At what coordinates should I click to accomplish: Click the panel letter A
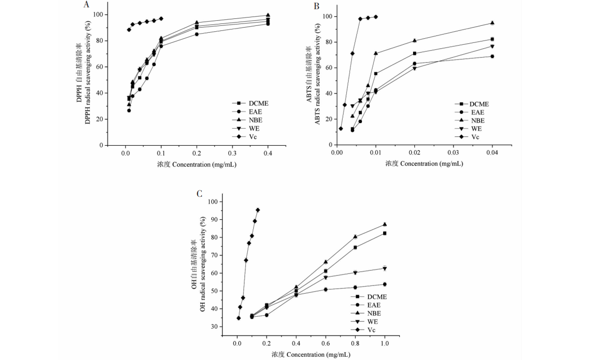point(86,5)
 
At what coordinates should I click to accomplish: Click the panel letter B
point(316,6)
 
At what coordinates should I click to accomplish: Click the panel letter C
point(199,194)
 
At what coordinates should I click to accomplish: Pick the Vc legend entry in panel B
point(473,137)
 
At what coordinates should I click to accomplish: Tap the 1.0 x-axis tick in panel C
point(385,343)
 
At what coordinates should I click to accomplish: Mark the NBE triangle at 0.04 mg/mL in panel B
point(492,23)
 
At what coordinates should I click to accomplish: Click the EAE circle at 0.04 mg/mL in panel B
point(492,57)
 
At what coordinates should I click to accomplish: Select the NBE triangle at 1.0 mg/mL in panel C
point(385,224)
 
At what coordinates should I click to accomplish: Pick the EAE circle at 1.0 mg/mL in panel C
point(385,284)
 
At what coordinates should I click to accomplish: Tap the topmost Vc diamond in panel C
point(258,210)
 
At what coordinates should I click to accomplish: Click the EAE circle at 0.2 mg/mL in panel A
point(197,34)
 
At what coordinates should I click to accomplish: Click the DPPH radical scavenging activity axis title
point(87,74)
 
